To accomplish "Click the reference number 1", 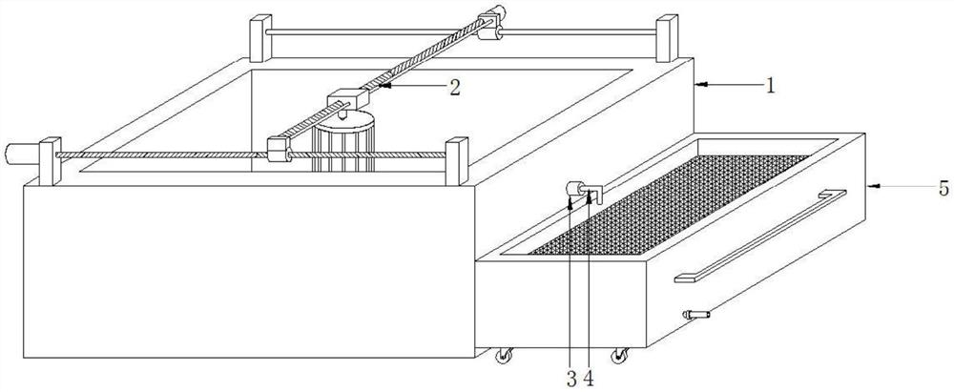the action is click(x=770, y=84).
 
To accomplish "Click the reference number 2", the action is click(x=456, y=87).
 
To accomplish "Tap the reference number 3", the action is click(x=571, y=379).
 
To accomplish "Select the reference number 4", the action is click(x=590, y=379).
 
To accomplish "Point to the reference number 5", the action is click(x=942, y=187).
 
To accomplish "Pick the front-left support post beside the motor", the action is click(x=48, y=162).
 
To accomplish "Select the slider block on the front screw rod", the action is click(x=279, y=150).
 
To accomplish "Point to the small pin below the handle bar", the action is click(x=695, y=314).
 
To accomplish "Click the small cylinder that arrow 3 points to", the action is click(x=575, y=188).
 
